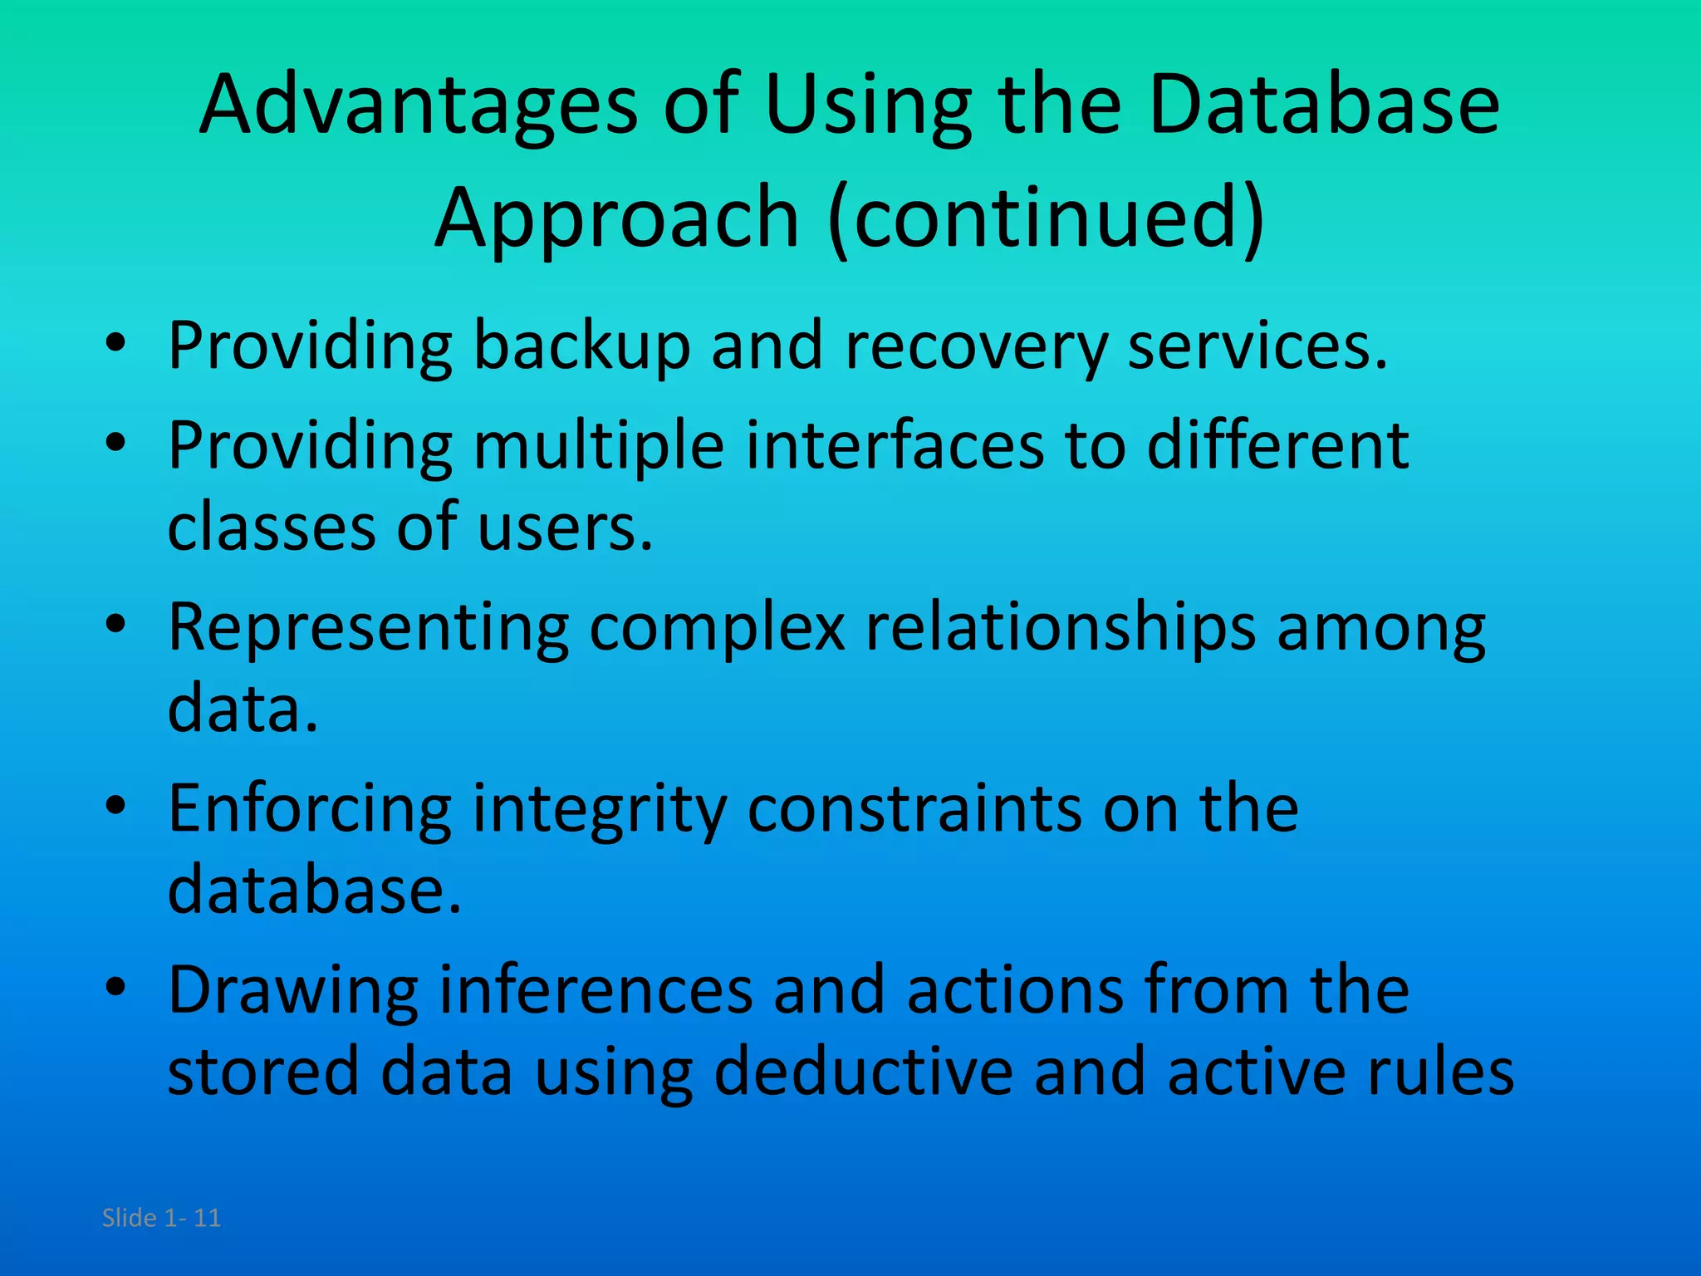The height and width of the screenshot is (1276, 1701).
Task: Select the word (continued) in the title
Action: coord(1047,218)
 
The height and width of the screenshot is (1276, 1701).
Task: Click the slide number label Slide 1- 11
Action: coord(161,1218)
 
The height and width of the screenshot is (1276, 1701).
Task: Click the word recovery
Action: coord(976,347)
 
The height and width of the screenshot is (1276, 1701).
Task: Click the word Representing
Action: coord(368,629)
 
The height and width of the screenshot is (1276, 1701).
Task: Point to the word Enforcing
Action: coord(310,810)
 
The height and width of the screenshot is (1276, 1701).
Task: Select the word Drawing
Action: coord(293,993)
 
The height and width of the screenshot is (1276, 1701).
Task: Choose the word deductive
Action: coord(863,1072)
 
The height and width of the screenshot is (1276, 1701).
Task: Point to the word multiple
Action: coord(598,447)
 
